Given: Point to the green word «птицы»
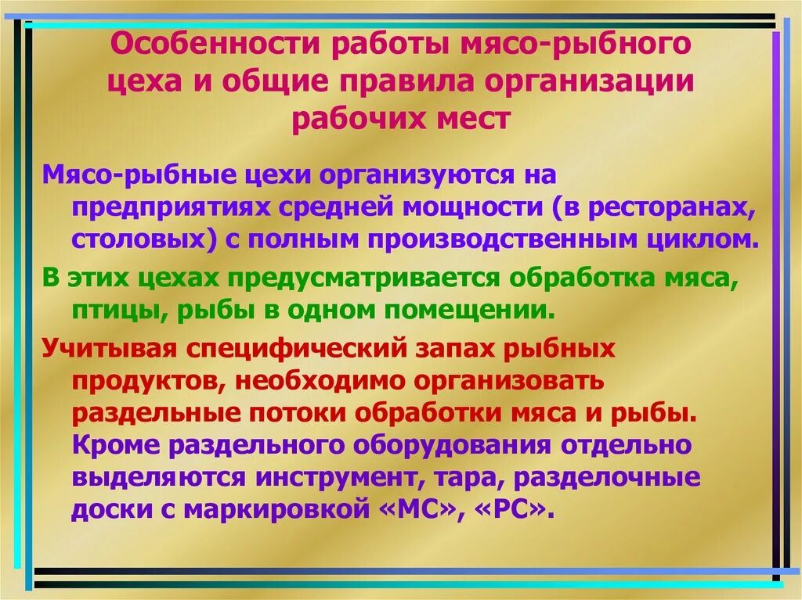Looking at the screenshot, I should [x=114, y=310].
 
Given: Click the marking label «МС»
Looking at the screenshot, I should [x=419, y=511].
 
